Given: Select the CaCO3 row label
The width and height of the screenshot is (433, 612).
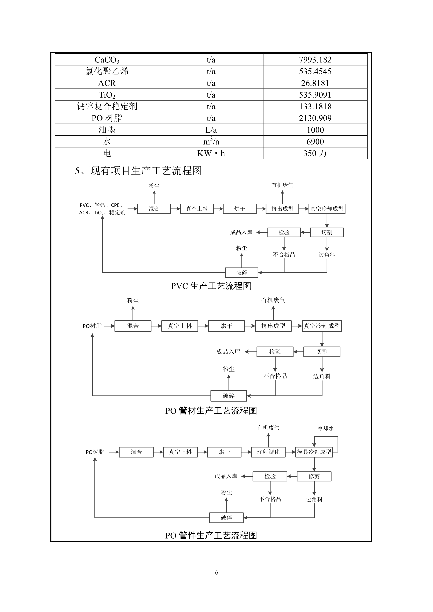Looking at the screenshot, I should click(x=107, y=60).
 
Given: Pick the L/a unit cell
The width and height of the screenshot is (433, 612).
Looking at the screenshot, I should click(x=211, y=130).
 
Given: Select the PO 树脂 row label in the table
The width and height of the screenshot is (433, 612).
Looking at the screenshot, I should click(x=107, y=118).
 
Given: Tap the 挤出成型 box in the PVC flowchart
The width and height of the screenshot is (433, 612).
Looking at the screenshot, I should click(x=282, y=209).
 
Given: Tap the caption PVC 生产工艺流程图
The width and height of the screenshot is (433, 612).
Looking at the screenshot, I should click(x=211, y=286).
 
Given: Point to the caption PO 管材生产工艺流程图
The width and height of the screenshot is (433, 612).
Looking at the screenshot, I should click(x=211, y=411).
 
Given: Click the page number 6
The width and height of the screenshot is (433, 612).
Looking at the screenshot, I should click(x=216, y=572).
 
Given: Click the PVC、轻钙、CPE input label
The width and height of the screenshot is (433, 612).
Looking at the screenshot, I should click(x=101, y=205).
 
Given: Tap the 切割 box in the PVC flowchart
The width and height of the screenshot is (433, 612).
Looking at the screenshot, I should click(x=327, y=232).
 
